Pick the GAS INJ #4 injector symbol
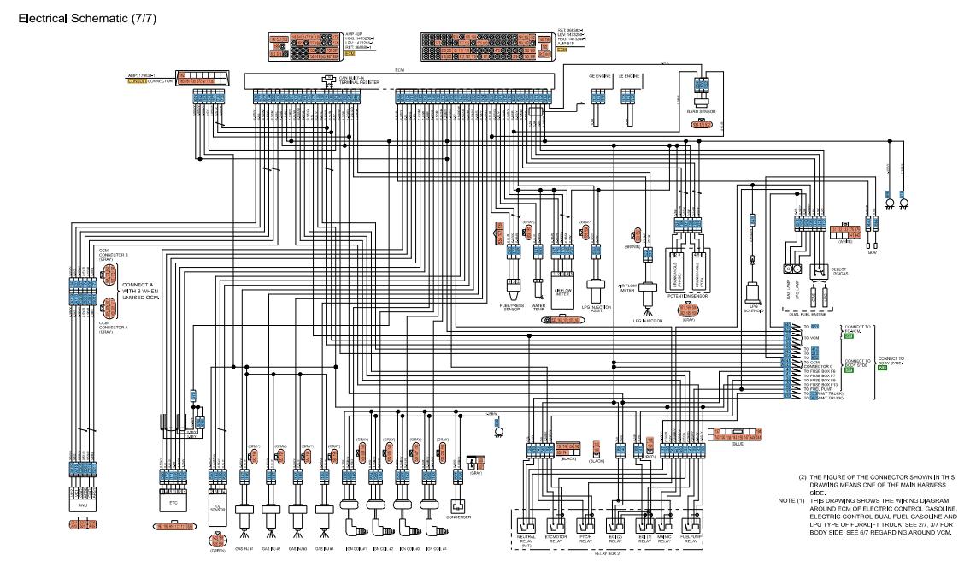(x=324, y=516)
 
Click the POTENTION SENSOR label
(x=689, y=297)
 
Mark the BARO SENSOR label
(x=700, y=112)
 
